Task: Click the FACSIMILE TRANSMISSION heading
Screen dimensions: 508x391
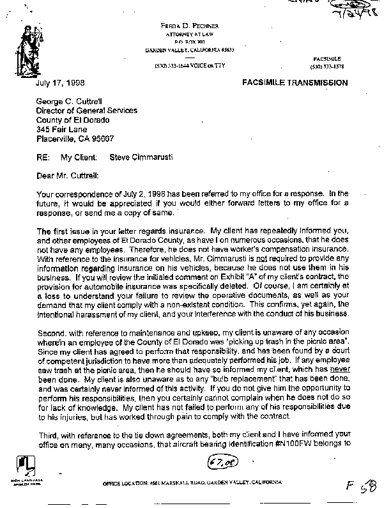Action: tap(295, 83)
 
